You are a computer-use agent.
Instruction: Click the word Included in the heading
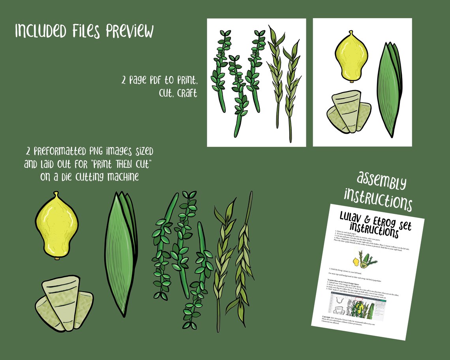pyautogui.click(x=38, y=31)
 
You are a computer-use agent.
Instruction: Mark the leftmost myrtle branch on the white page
pyautogui.click(x=219, y=71)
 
